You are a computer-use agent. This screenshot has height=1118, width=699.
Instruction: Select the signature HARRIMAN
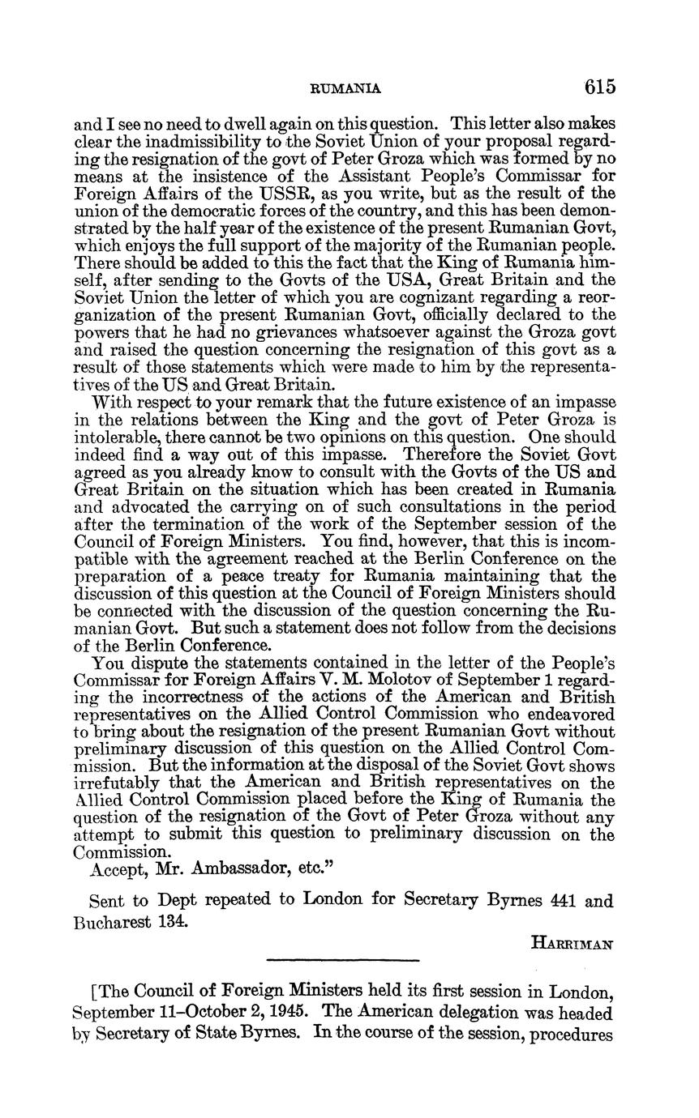click(x=573, y=943)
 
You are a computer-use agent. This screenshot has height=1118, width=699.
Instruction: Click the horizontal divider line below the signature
click(x=342, y=961)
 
